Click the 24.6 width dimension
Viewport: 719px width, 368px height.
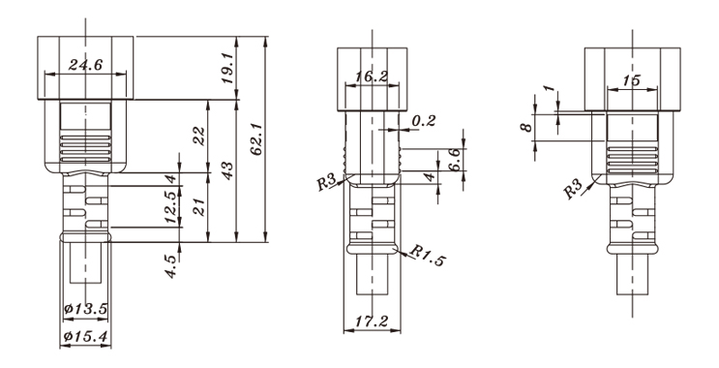(85, 65)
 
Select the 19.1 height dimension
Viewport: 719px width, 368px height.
(228, 67)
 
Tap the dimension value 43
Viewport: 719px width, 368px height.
(227, 170)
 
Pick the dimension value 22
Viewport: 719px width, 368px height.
(199, 137)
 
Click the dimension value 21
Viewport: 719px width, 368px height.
(199, 206)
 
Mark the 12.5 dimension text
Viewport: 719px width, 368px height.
(170, 206)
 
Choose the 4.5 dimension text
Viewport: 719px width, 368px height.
(170, 266)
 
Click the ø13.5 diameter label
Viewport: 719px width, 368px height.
(86, 308)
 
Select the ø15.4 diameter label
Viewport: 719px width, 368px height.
(86, 337)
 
